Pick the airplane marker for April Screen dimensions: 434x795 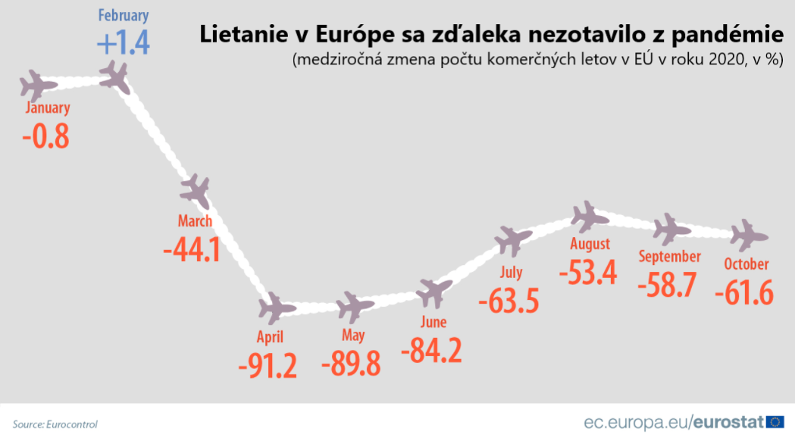276,308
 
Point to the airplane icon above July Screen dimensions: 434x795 513,241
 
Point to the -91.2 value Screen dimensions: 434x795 267,365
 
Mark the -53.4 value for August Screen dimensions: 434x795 587,272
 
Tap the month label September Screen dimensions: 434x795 669,257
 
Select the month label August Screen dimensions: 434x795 590,244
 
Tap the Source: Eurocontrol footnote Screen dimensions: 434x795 55,424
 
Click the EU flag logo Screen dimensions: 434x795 775,422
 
